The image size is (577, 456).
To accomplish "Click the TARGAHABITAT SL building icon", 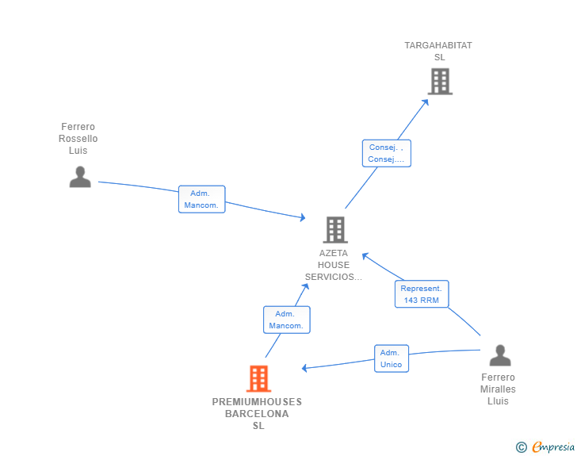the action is click(x=440, y=82).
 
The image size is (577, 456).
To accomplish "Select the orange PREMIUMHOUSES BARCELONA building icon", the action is click(x=258, y=378).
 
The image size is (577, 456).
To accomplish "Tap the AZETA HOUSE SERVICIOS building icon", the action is click(x=335, y=230).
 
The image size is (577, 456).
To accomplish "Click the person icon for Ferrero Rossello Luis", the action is click(x=80, y=177).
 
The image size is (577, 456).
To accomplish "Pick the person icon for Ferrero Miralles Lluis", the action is click(x=500, y=355).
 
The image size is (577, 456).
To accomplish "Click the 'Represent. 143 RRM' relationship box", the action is click(x=422, y=294).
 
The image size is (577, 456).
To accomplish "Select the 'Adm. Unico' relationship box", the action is click(x=392, y=358).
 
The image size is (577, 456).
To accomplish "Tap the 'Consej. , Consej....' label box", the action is click(x=387, y=153).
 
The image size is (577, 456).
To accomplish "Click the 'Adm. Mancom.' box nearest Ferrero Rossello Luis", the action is click(x=201, y=199).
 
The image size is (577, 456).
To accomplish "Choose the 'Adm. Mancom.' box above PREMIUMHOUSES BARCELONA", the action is click(x=287, y=320).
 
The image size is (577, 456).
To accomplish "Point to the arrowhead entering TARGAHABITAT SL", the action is click(x=426, y=102).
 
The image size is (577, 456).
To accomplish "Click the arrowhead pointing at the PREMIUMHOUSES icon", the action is click(x=304, y=368).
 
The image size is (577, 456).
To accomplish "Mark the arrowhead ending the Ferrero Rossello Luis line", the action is click(x=303, y=217).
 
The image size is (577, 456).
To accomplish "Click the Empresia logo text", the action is click(x=553, y=447).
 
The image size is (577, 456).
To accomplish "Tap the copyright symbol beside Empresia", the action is click(x=521, y=447).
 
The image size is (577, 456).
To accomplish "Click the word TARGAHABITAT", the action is click(x=438, y=45).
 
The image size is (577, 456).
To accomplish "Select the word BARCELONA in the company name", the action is click(x=257, y=414).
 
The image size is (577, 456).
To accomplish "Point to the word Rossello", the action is click(x=78, y=139).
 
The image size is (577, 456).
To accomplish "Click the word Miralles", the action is click(x=498, y=389).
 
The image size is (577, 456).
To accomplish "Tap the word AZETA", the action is click(x=334, y=253).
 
